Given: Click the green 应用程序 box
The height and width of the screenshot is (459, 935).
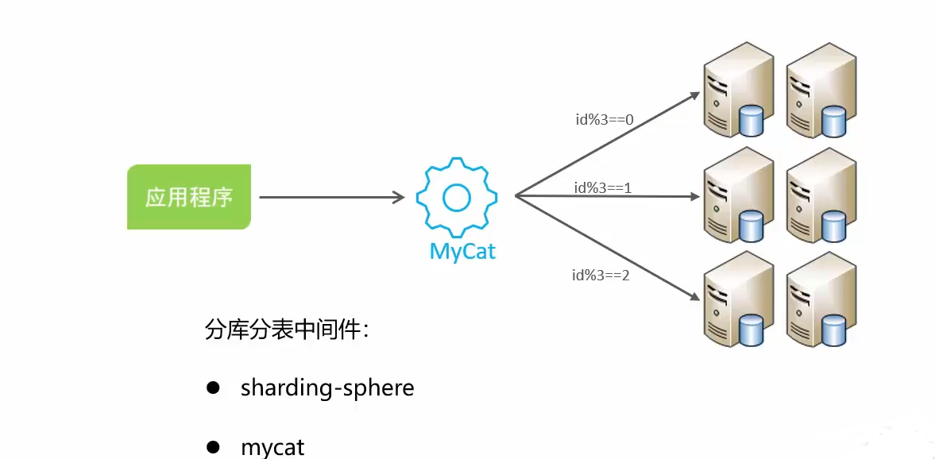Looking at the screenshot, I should (189, 197).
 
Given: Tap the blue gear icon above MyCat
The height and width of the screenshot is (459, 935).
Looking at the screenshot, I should (457, 197).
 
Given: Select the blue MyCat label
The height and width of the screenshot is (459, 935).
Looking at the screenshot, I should (462, 252).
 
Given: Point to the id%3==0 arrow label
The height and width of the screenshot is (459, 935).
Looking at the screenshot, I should (604, 120).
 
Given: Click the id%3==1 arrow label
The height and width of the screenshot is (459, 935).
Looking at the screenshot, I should (603, 187).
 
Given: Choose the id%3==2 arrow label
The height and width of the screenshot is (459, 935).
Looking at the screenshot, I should (601, 276).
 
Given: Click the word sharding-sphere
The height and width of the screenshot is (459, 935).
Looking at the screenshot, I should (327, 388).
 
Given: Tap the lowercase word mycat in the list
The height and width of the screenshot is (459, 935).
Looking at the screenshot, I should (272, 447).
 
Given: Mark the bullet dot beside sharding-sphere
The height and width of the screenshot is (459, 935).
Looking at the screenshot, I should (212, 388).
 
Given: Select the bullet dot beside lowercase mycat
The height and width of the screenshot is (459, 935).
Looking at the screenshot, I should (212, 447).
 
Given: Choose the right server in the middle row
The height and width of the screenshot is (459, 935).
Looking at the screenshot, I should (821, 195).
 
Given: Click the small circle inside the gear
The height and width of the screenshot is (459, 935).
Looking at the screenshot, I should (457, 197).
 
